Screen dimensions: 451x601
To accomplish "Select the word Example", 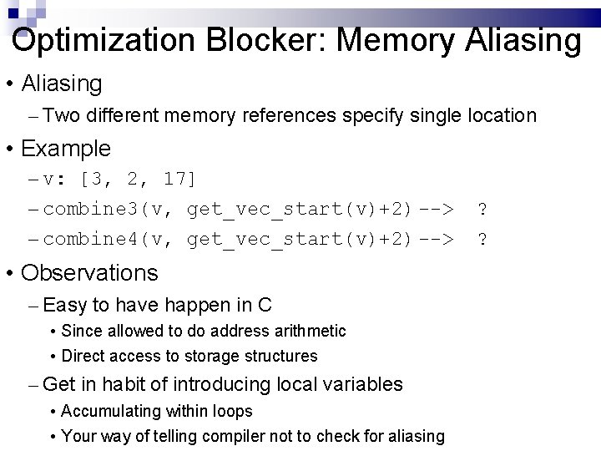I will (66, 149).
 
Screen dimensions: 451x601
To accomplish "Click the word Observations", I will (89, 273).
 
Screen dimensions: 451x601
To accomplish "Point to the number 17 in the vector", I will (174, 179).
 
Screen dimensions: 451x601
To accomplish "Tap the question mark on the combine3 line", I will (482, 209).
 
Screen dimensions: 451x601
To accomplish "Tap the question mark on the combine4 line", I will (482, 240).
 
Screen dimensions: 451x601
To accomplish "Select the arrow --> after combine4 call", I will (436, 240).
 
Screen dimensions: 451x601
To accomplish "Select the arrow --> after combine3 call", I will (436, 209).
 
